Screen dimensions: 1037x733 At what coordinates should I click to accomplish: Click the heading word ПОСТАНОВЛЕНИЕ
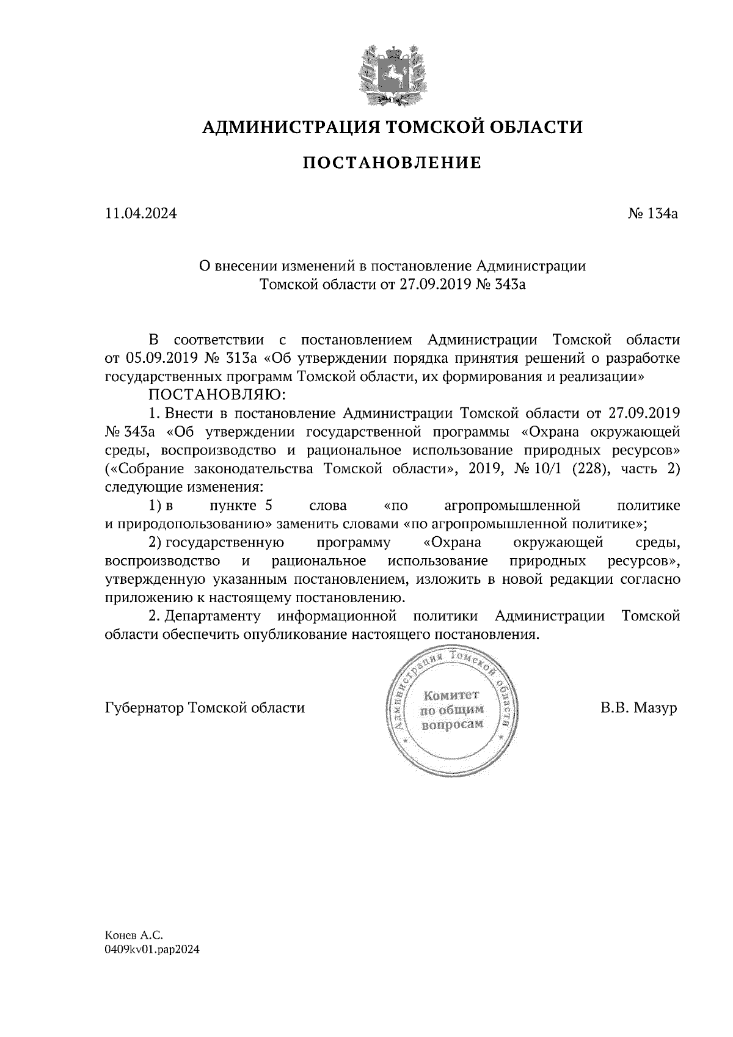pos(392,163)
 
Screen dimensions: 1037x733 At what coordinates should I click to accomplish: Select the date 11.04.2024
pos(140,214)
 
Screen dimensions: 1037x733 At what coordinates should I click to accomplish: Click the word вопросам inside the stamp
pos(453,724)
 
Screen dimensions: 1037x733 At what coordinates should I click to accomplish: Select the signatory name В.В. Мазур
pos(639,708)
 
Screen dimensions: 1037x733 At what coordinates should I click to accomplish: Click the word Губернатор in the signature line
pos(145,708)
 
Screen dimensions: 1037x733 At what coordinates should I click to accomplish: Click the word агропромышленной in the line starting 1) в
pos(511,506)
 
